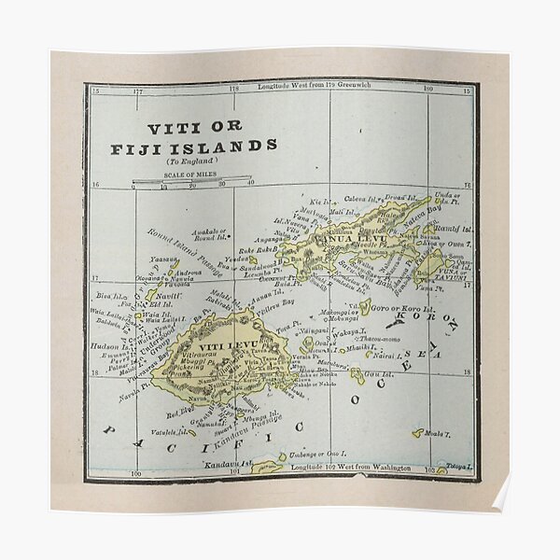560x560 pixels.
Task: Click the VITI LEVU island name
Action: [x=216, y=347]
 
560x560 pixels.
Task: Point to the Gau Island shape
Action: [x=357, y=377]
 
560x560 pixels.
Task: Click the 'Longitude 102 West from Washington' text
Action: [x=349, y=466]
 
